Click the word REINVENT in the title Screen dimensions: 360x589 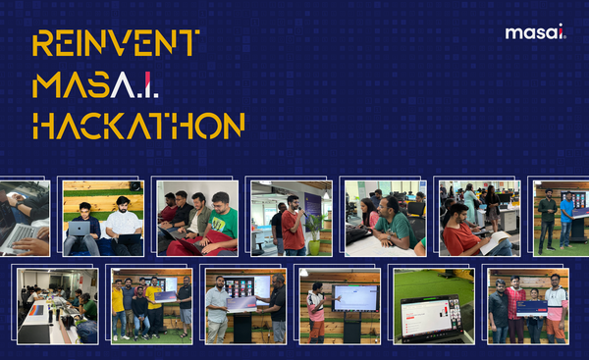(116, 44)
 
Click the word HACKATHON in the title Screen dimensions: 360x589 (137, 126)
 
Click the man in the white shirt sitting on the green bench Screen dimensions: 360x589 (124, 227)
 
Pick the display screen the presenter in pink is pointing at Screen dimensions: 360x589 (353, 297)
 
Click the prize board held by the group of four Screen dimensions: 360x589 (533, 308)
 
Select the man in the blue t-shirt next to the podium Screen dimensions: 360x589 (565, 218)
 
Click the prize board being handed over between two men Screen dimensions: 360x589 (241, 302)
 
